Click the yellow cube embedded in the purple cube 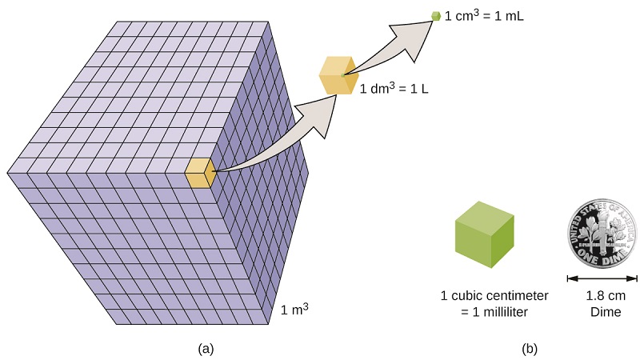tap(200, 173)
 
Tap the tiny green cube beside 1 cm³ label tap(436, 16)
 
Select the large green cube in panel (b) tap(485, 234)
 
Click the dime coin tap(602, 234)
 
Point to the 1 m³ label tap(294, 309)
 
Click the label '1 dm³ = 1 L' tap(394, 88)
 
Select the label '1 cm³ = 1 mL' tap(484, 15)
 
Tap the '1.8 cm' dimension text tap(606, 295)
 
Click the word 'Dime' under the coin tap(606, 312)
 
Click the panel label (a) tap(206, 349)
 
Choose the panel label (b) tap(530, 349)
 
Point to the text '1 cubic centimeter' tap(494, 295)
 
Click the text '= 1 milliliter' tap(494, 312)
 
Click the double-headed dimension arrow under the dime tap(602, 278)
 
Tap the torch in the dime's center tap(602, 230)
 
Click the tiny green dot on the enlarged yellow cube tap(342, 75)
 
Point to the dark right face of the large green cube tap(502, 241)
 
